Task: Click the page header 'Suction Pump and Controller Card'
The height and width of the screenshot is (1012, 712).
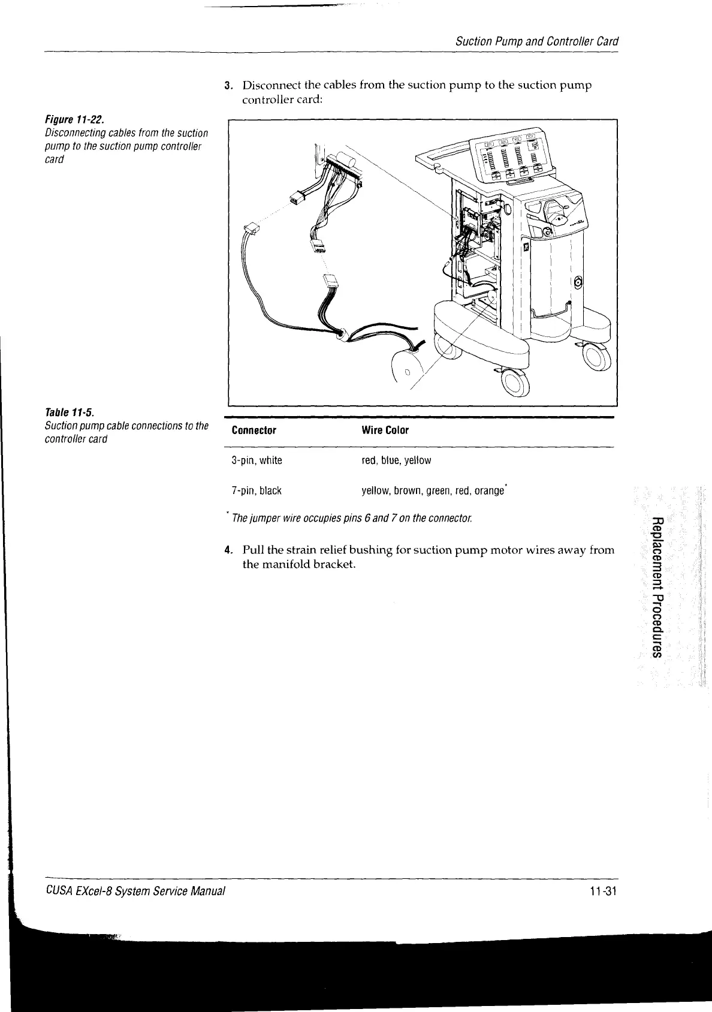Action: coord(536,42)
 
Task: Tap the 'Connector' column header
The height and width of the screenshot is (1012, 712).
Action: coord(254,430)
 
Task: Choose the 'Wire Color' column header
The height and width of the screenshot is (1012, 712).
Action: coord(385,430)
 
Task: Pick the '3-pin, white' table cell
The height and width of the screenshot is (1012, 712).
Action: coord(257,460)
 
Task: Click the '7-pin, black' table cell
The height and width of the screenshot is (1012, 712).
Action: coord(257,491)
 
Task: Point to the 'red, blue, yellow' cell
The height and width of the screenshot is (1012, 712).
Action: coord(396,460)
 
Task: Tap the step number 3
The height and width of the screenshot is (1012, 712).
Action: coord(228,85)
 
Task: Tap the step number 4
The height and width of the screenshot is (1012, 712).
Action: coord(228,550)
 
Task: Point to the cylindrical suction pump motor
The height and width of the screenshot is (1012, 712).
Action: coord(411,365)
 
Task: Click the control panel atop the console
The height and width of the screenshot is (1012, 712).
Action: coord(510,157)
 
